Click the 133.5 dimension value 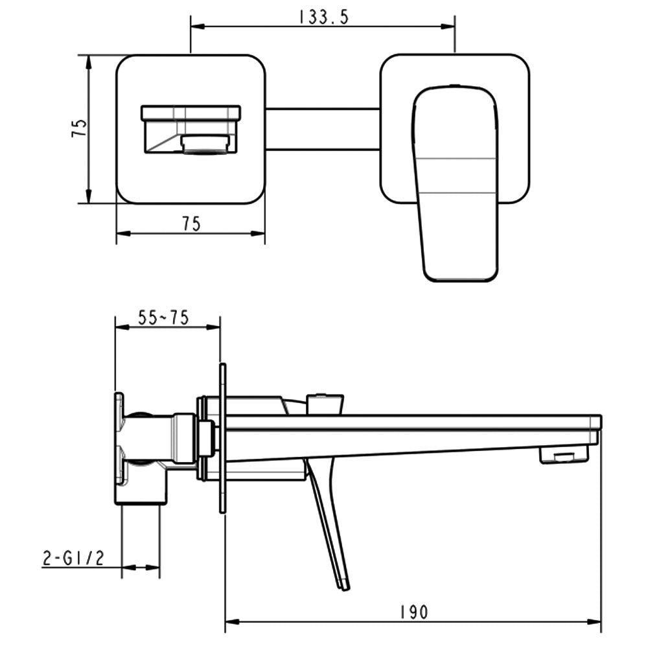(323, 17)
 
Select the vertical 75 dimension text (79, 128)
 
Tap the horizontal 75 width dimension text (191, 224)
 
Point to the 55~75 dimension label (163, 318)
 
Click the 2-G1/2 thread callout (73, 559)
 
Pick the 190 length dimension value (414, 612)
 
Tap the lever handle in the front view (455, 183)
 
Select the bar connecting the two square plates (322, 129)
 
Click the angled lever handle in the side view (329, 521)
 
